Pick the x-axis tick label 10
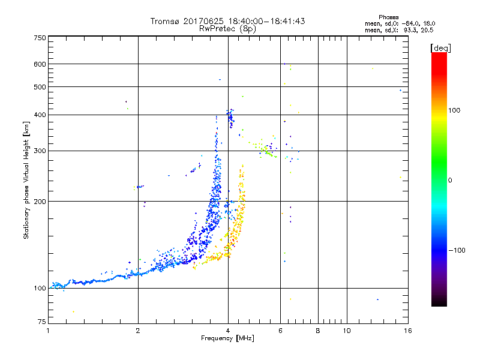tap(346, 331)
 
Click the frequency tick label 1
tap(49, 331)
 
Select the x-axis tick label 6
tap(280, 331)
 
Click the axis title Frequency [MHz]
tap(227, 338)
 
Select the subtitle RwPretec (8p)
tap(227, 28)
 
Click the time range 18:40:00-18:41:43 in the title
tap(268, 21)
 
